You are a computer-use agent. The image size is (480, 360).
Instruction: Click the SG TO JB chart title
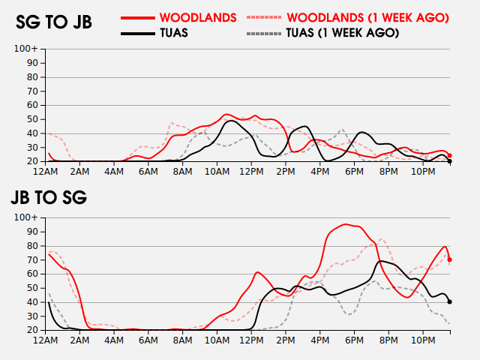(x=54, y=22)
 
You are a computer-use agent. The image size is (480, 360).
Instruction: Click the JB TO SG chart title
(x=49, y=198)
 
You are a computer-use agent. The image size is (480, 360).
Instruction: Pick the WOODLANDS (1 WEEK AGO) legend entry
(x=349, y=17)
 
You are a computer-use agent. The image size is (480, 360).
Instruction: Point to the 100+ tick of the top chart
(x=27, y=49)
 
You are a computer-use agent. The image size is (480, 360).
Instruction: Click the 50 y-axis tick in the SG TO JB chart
(x=32, y=119)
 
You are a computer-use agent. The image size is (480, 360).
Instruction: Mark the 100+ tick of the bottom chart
(x=27, y=217)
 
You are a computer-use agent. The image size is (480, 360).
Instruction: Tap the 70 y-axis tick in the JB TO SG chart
(x=32, y=259)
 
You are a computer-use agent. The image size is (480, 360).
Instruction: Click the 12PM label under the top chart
(x=252, y=172)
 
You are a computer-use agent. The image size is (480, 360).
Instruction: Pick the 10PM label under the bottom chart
(x=424, y=340)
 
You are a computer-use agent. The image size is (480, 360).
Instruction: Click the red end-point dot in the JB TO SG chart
(x=450, y=259)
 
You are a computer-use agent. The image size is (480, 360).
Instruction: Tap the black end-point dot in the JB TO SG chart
(x=450, y=301)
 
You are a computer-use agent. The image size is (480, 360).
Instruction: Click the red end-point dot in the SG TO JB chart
(x=450, y=155)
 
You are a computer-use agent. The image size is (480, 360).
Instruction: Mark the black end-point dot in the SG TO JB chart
(x=450, y=161)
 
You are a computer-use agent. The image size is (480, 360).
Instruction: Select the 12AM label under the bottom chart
(x=46, y=340)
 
